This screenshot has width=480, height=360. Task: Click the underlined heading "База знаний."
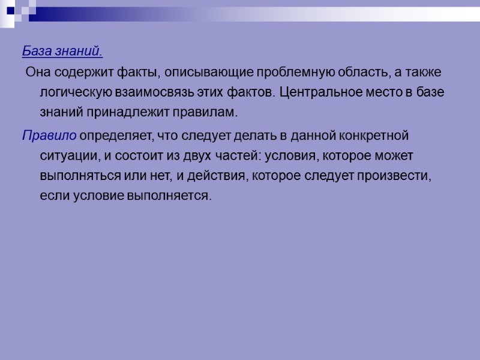[62, 52]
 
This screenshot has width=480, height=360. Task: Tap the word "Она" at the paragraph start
[37, 73]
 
